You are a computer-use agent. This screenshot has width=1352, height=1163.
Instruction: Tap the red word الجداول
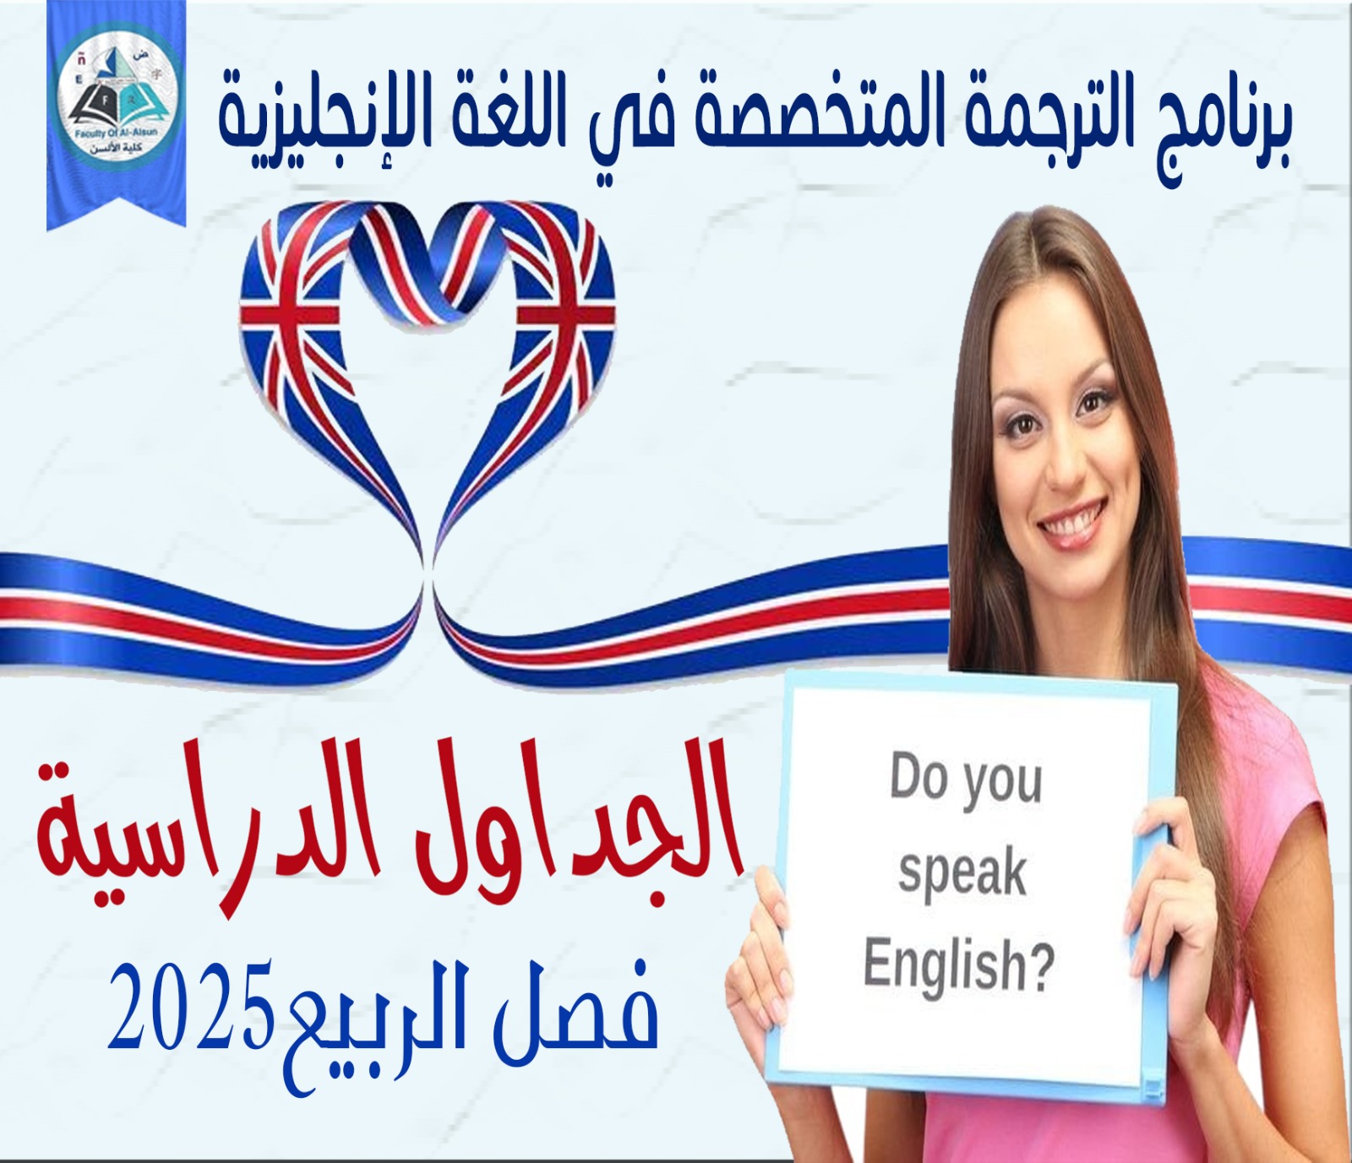click(x=587, y=823)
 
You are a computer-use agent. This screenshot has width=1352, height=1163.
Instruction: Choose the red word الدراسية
click(x=228, y=832)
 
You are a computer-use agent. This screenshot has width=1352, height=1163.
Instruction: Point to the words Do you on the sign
click(x=965, y=779)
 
